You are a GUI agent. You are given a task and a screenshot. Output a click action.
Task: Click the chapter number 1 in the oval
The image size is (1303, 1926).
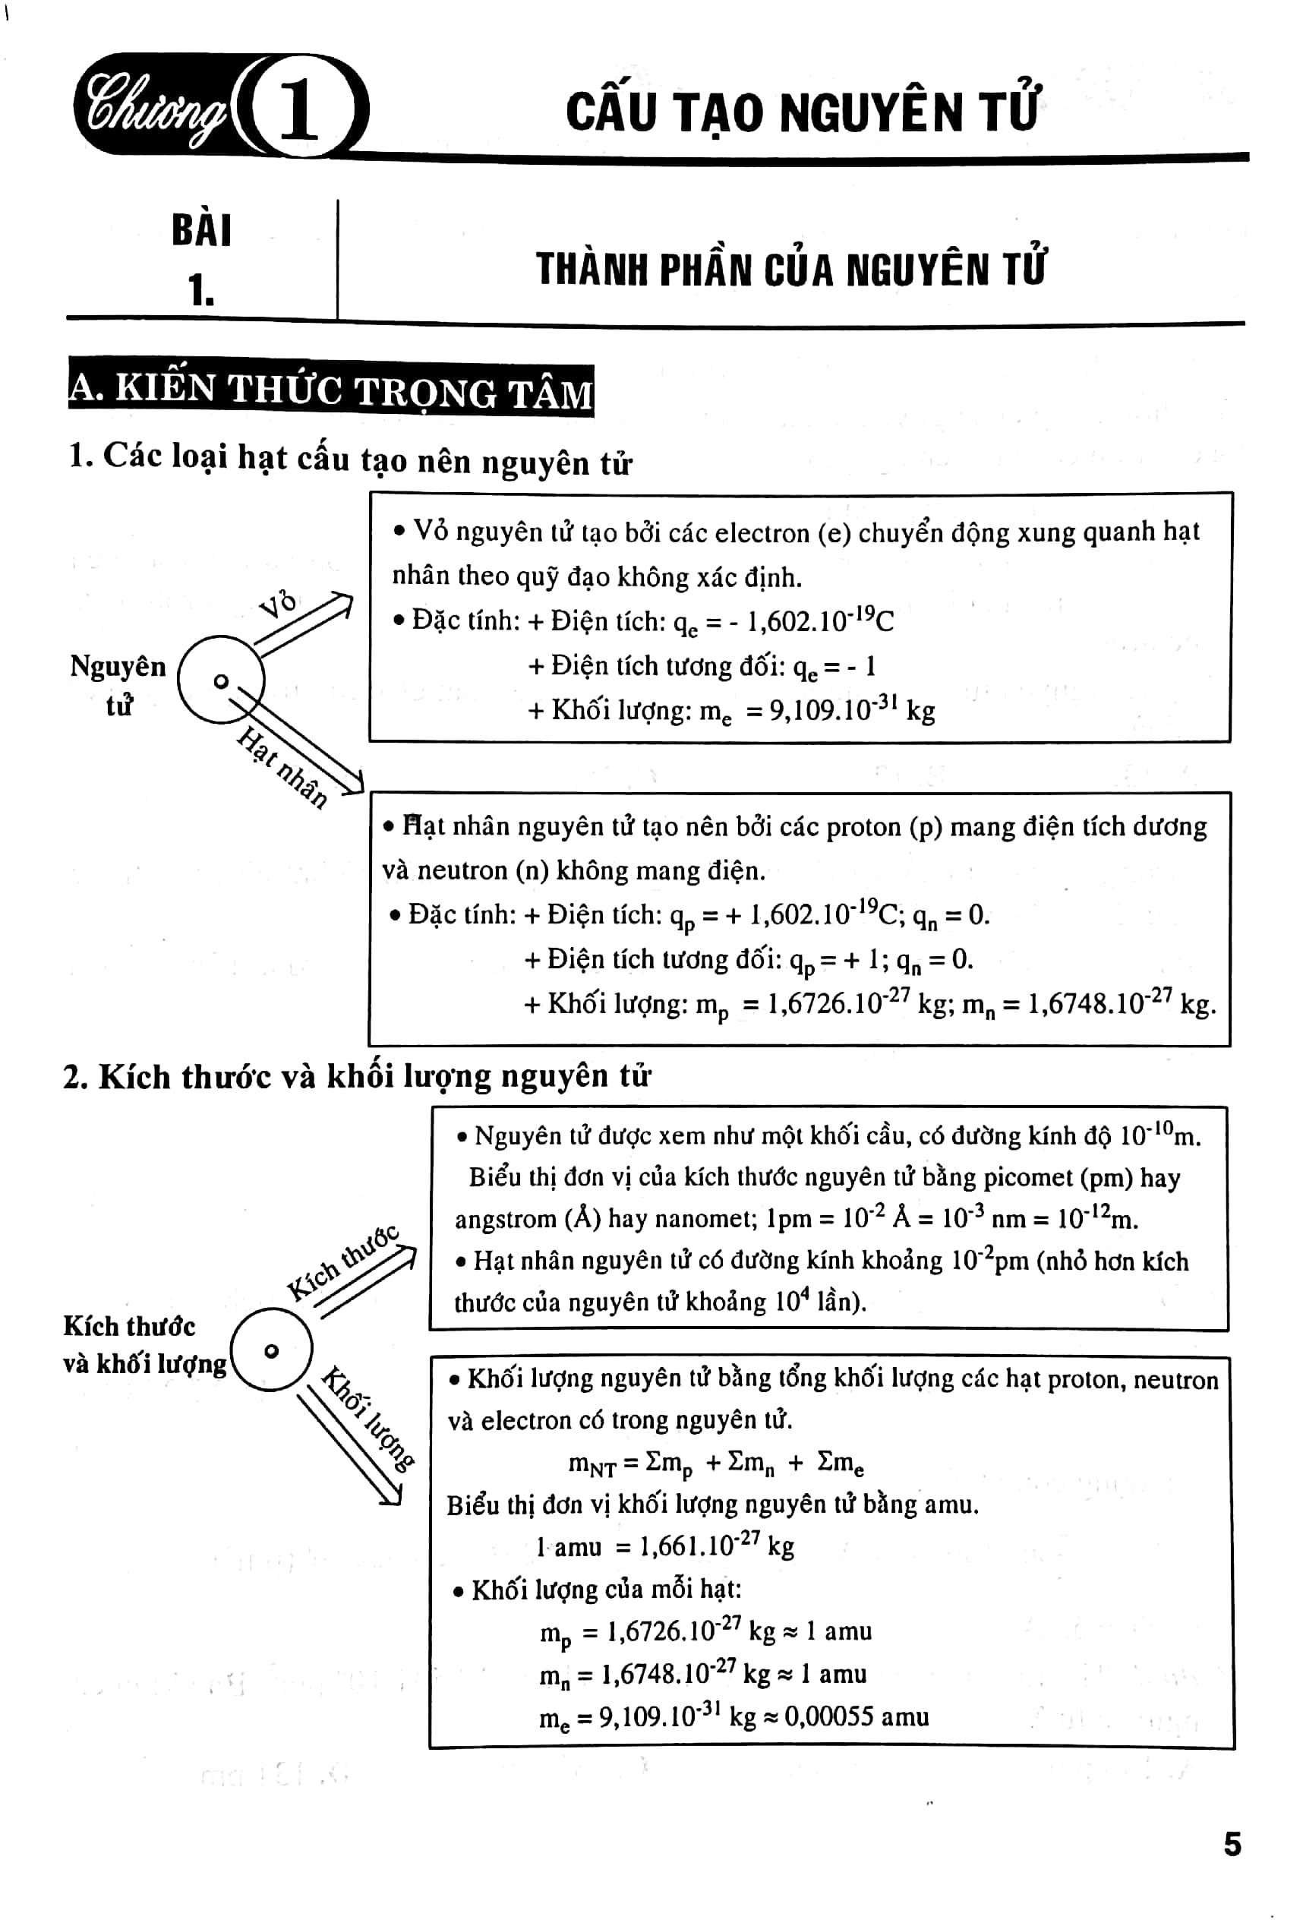point(299,108)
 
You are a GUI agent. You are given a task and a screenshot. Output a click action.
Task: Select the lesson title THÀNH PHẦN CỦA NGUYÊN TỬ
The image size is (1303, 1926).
point(790,269)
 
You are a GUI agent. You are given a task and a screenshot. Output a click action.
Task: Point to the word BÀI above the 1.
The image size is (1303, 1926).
point(201,229)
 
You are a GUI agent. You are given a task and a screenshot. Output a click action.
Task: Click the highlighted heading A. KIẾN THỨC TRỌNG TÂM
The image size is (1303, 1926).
point(331,391)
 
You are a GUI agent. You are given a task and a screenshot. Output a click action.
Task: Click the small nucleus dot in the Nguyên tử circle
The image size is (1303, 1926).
point(220,681)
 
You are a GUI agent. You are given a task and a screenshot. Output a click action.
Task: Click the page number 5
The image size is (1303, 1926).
point(1232,1845)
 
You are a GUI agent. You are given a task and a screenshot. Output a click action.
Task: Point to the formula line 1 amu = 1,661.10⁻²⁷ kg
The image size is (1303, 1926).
point(664,1546)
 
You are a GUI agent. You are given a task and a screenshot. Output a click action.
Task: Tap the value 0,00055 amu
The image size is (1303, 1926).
point(856,1716)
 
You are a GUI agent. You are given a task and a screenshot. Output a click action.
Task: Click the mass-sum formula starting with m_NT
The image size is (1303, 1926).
point(716,1463)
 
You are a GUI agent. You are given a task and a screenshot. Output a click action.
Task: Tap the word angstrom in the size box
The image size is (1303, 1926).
point(505,1219)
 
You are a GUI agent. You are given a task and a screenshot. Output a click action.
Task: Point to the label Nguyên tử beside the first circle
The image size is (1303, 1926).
point(118,684)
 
